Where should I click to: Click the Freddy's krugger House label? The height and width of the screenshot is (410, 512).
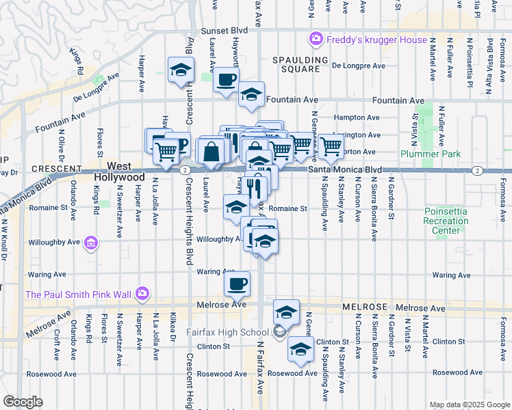[x=376, y=40]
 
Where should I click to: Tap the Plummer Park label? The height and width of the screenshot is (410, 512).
[x=424, y=154]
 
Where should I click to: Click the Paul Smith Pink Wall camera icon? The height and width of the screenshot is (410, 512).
[x=142, y=294]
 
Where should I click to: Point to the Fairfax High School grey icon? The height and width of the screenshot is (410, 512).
[x=279, y=333]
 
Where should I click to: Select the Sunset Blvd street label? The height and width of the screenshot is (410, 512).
[x=224, y=32]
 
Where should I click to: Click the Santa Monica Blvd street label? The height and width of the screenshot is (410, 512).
[x=344, y=169]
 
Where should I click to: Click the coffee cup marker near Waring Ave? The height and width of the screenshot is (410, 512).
[x=238, y=282]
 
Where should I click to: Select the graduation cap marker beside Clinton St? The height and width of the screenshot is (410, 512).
[x=300, y=349]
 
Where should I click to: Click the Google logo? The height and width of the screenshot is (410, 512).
[x=23, y=402]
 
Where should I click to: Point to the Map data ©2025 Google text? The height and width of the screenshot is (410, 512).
[x=469, y=405]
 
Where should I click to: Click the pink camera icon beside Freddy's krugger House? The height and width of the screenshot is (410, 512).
[x=316, y=39]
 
